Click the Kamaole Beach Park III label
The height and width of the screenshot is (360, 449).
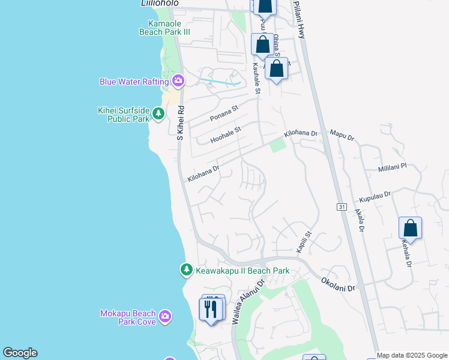pos(164,28)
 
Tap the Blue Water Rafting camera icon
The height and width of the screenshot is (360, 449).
pos(178,81)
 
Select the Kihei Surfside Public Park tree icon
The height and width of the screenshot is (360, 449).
pos(158,113)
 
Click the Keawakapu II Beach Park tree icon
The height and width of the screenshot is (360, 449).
pos(187,271)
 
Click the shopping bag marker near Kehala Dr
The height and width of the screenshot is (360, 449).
pos(410,229)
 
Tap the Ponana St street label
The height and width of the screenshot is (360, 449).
pos(224,113)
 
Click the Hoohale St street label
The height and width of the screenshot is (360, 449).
pos(225,134)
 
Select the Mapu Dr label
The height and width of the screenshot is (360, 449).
pos(343,134)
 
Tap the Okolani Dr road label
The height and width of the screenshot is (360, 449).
pos(339,284)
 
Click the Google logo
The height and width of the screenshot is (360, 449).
pos(20,353)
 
